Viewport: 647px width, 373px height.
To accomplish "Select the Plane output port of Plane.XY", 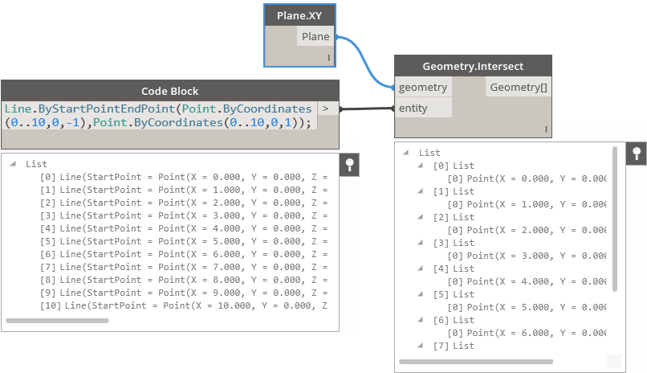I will pyautogui.click(x=315, y=36).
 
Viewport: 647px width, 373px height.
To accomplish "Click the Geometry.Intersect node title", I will pyautogui.click(x=473, y=66).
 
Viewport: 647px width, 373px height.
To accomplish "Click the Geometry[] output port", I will pyautogui.click(x=519, y=87).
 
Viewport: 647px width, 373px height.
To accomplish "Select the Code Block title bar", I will pyautogui.click(x=169, y=91).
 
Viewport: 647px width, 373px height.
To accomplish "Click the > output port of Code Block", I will pyautogui.click(x=326, y=108).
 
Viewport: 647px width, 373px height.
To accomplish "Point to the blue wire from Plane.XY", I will pyautogui.click(x=365, y=61).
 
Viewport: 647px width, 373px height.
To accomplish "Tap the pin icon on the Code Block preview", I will pyautogui.click(x=348, y=165).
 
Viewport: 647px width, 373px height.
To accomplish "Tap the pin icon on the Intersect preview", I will pyautogui.click(x=637, y=154).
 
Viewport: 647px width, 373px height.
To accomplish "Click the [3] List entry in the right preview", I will pyautogui.click(x=454, y=243).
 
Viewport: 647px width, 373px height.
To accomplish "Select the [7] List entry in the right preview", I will pyautogui.click(x=454, y=346).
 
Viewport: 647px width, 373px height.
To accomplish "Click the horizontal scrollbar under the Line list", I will pyautogui.click(x=57, y=320).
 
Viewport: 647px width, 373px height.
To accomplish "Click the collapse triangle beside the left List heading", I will pyautogui.click(x=14, y=164).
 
